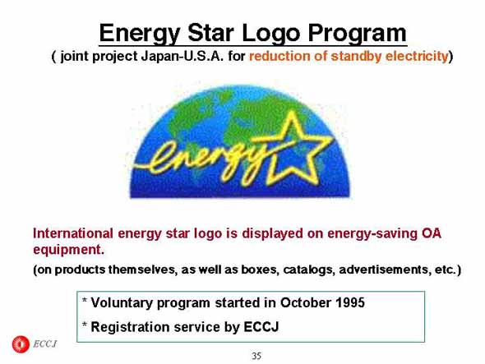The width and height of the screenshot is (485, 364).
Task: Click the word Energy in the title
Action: [x=140, y=34]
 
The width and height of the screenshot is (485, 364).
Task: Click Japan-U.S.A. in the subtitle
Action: [x=182, y=56]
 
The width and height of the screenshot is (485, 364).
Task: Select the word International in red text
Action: [x=72, y=233]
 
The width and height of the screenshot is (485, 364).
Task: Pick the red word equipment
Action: [x=68, y=250]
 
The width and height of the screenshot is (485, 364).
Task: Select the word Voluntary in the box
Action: [x=122, y=303]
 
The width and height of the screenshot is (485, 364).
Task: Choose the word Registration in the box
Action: [x=130, y=327]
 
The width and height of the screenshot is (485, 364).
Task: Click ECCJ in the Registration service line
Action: [x=261, y=327]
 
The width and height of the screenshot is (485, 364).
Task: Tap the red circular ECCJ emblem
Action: [x=21, y=344]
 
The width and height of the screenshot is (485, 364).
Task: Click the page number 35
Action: [x=256, y=356]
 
